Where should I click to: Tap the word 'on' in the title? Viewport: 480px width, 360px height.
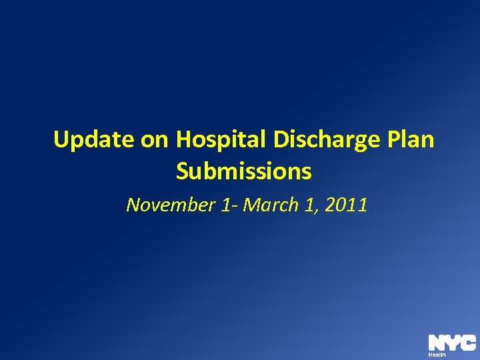click(x=153, y=141)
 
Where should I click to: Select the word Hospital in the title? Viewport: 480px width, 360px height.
click(x=218, y=141)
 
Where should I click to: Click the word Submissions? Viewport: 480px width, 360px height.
click(x=243, y=172)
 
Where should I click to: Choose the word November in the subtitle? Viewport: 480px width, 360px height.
click(x=170, y=205)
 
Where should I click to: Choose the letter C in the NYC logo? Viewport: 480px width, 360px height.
click(x=467, y=343)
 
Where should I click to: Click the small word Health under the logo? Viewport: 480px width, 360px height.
click(x=437, y=355)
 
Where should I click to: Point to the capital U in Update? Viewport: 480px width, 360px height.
click(x=61, y=140)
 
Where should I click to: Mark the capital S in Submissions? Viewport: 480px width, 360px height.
click(x=183, y=172)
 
